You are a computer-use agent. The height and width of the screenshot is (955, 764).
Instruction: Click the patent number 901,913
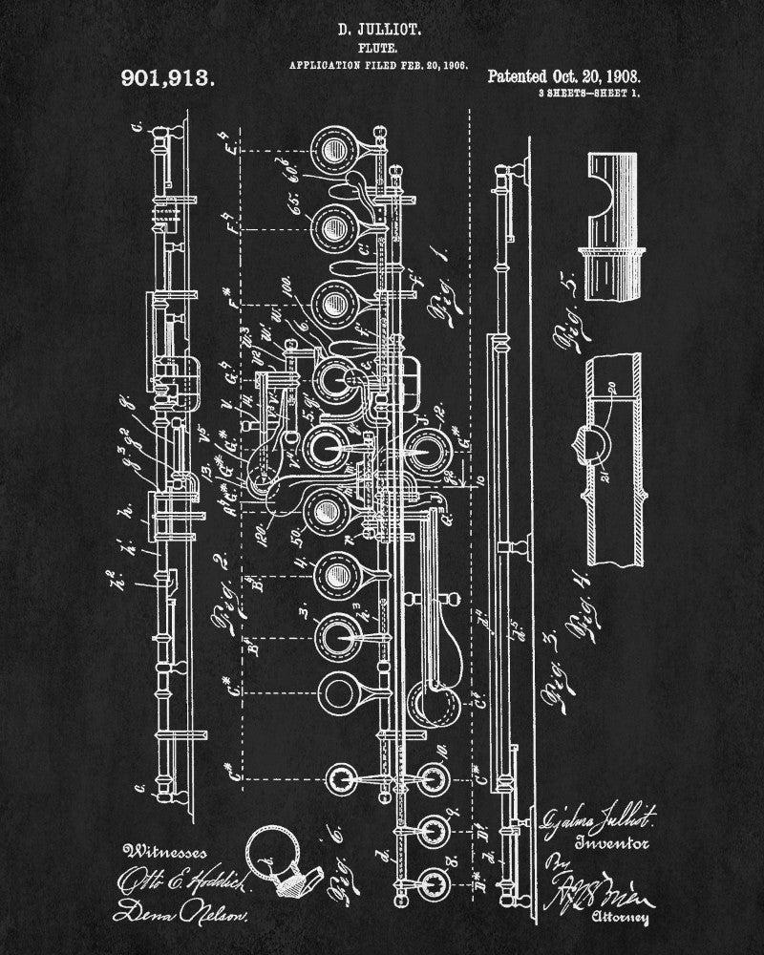click(169, 78)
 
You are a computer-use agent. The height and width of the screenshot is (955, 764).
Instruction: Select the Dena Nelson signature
click(179, 915)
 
